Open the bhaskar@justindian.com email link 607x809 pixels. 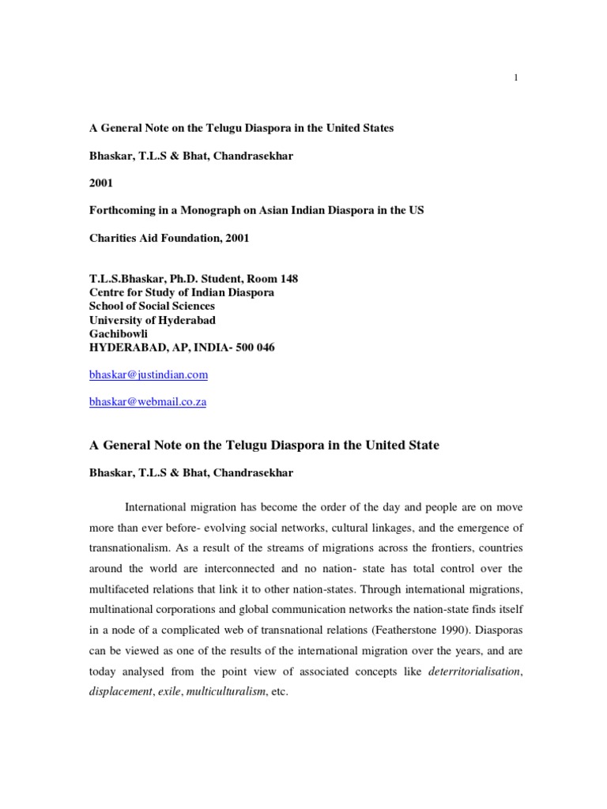coord(149,374)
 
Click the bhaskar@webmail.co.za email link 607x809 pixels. coord(148,401)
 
